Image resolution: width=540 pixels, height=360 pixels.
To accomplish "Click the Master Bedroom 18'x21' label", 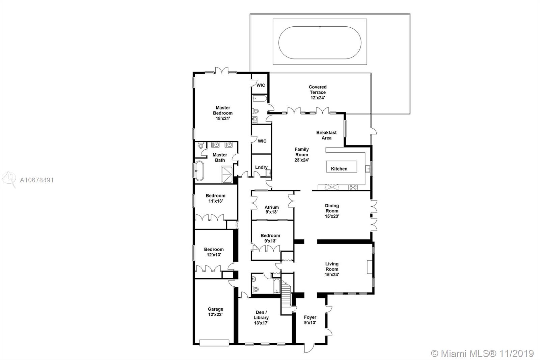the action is tap(223, 113).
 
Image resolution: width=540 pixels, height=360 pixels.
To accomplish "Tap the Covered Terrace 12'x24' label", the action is tap(318, 92).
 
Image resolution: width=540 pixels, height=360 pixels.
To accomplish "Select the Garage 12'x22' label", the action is tap(215, 312).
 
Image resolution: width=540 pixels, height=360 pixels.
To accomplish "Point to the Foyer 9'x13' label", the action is tap(310, 320).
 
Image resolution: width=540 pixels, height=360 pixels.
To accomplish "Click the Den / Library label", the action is tap(261, 315).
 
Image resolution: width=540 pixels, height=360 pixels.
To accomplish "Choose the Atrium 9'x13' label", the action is tap(272, 210).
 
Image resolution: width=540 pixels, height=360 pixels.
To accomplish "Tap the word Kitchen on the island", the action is tap(339, 169).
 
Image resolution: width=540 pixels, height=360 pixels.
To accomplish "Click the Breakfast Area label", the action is tap(326, 135).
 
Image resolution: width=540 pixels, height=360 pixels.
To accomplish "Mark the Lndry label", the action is tap(261, 167).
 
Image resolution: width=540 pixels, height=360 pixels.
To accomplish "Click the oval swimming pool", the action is tap(320, 43).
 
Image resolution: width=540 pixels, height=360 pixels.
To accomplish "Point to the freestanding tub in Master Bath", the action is tap(199, 171).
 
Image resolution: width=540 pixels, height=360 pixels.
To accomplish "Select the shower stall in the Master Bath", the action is tap(227, 174).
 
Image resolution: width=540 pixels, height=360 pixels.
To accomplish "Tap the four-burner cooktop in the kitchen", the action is tap(353, 187).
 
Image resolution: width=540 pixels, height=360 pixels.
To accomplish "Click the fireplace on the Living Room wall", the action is tap(370, 267).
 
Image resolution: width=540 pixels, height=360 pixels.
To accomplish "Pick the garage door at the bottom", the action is tap(214, 343).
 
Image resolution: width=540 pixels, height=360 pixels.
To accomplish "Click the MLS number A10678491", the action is tap(37, 180).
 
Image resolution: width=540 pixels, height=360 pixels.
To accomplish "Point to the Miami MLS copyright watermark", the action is tap(482, 354).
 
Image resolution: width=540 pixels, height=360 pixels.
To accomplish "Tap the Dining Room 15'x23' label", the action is tap(332, 211).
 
